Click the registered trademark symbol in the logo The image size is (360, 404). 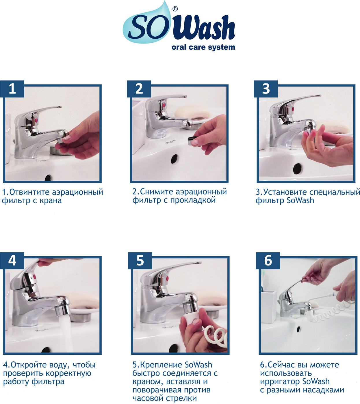(x=175, y=9)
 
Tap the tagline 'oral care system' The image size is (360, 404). (x=203, y=47)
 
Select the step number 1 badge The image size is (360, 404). (x=12, y=89)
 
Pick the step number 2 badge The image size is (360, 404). (x=139, y=89)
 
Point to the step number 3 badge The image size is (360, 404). (x=266, y=89)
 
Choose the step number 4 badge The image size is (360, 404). (x=12, y=261)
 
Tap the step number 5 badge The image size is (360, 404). (x=140, y=261)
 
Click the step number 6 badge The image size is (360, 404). (x=268, y=261)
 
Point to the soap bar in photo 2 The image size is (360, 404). (x=192, y=112)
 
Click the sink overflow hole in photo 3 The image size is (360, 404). (x=298, y=168)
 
